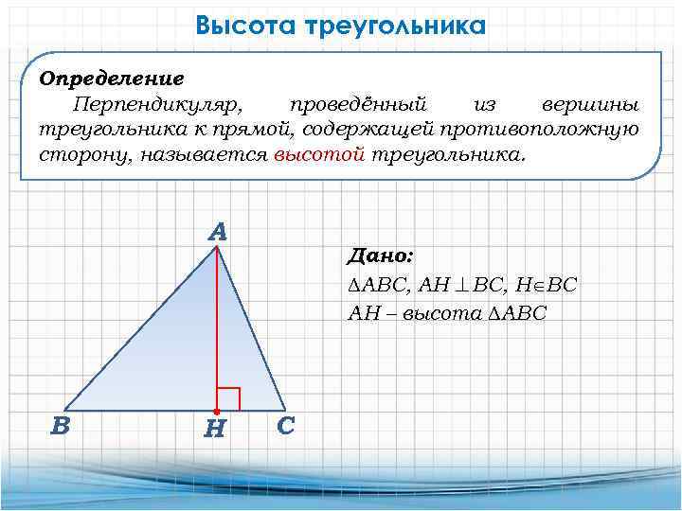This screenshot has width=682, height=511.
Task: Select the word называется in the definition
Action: [x=205, y=154]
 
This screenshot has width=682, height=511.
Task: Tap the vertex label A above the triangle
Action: [x=218, y=232]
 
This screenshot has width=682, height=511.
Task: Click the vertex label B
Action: [x=61, y=426]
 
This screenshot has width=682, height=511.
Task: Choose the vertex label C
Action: [x=286, y=426]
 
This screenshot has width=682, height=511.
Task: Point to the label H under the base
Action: [x=215, y=431]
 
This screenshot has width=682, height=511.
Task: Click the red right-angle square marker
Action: [x=228, y=398]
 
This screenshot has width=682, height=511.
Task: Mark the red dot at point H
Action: [x=217, y=410]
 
